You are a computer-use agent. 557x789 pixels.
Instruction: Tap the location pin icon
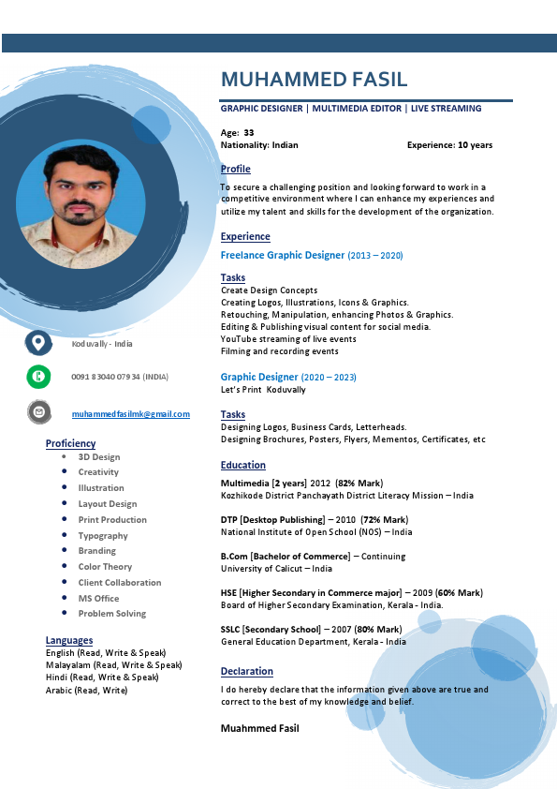[x=38, y=343]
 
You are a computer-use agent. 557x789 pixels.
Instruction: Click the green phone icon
[x=38, y=377]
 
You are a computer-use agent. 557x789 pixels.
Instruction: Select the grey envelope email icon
[x=38, y=411]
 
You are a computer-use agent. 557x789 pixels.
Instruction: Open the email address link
[x=131, y=414]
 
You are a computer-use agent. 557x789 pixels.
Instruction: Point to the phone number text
[x=120, y=377]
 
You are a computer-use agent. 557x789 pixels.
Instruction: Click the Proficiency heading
[x=70, y=443]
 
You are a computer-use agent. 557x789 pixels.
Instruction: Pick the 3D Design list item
[x=99, y=457]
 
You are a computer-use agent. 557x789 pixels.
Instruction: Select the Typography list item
[x=103, y=536]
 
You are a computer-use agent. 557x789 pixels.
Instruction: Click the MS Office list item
[x=98, y=598]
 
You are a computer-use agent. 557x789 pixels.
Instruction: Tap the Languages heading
[x=69, y=640]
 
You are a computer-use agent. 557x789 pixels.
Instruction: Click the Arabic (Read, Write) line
[x=86, y=690]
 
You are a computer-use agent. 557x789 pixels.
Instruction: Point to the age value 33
[x=249, y=133]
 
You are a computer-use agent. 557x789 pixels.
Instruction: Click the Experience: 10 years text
[x=449, y=145]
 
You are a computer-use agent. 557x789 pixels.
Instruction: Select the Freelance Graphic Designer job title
[x=283, y=255]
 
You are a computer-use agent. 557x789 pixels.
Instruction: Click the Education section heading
[x=243, y=465]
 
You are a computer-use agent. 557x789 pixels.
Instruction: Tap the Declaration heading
[x=247, y=671]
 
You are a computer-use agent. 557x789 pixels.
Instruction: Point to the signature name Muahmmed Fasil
[x=260, y=728]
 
